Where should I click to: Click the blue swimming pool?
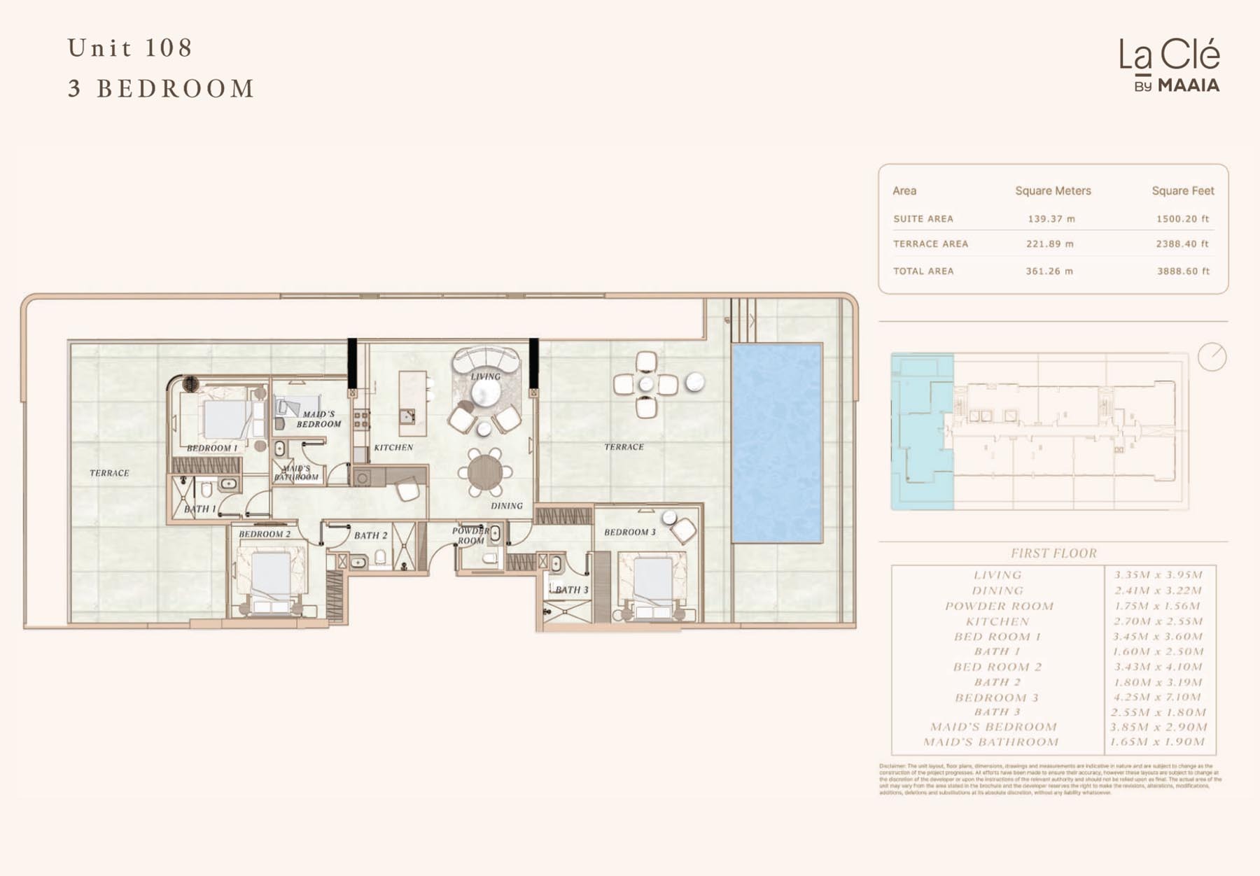tap(776, 442)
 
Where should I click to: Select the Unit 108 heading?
tap(130, 48)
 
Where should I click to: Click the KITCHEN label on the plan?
tap(393, 447)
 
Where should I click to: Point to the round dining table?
tap(484, 473)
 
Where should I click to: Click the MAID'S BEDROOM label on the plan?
tap(318, 418)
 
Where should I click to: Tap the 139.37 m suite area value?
tap(1051, 219)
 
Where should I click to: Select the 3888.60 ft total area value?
tap(1182, 271)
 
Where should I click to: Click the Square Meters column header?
tap(1053, 190)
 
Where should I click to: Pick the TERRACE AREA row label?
tap(930, 244)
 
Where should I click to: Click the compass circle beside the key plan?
tap(1212, 357)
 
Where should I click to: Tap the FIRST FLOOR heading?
tap(1053, 553)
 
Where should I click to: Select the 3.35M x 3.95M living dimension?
tap(1158, 575)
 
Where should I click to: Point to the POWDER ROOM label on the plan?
tap(470, 535)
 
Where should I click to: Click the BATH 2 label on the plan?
tap(370, 535)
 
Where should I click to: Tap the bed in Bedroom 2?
tap(271, 578)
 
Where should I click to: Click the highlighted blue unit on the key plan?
tap(921, 430)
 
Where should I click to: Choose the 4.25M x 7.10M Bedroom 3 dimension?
tap(1158, 697)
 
